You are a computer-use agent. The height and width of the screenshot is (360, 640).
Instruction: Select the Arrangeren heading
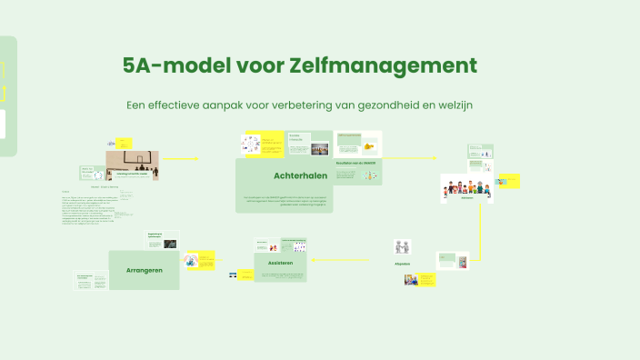145,270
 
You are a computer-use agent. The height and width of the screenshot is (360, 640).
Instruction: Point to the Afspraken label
403,264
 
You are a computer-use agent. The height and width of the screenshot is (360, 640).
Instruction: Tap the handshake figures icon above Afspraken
403,246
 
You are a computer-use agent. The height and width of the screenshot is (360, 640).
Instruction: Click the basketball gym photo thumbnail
132,161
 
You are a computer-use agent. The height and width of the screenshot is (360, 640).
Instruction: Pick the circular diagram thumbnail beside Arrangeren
192,261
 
